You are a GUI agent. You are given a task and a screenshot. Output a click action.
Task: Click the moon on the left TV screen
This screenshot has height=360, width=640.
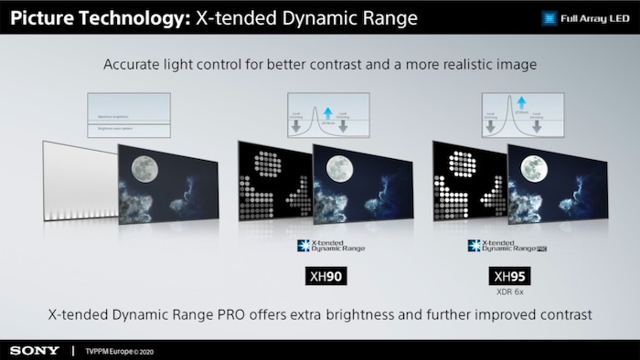[144, 168]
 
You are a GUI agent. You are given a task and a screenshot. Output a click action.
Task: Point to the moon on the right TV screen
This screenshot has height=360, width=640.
[533, 168]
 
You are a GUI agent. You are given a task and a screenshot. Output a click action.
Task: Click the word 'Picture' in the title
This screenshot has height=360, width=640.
[47, 16]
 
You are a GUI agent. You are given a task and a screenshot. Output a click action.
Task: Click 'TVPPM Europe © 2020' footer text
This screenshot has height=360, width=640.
[122, 350]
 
